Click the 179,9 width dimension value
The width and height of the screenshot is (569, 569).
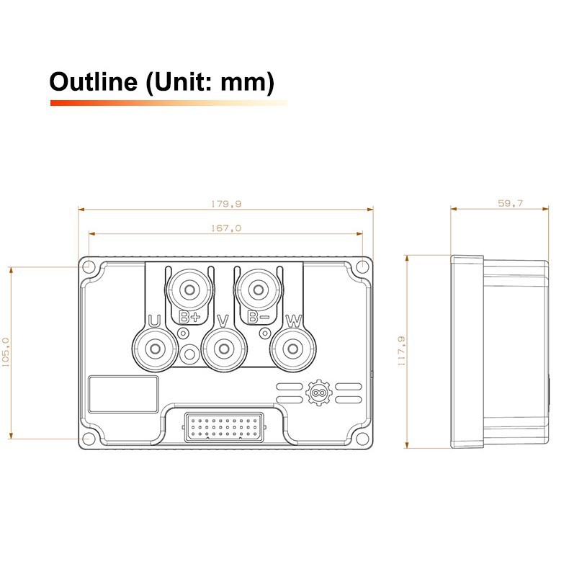coord(226,204)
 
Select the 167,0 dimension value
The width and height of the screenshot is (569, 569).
coord(226,228)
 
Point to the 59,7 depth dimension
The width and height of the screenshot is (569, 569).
coord(510,203)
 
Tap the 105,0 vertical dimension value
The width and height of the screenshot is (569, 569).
coord(6,352)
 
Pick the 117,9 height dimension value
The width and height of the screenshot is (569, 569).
coord(401,351)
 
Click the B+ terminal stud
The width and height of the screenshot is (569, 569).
coord(189,290)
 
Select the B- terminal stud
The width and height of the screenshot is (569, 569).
coord(258,290)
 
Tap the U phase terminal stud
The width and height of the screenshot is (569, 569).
coord(155,349)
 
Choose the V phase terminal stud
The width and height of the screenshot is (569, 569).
coord(224,349)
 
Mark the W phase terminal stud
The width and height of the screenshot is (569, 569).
coord(293,349)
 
